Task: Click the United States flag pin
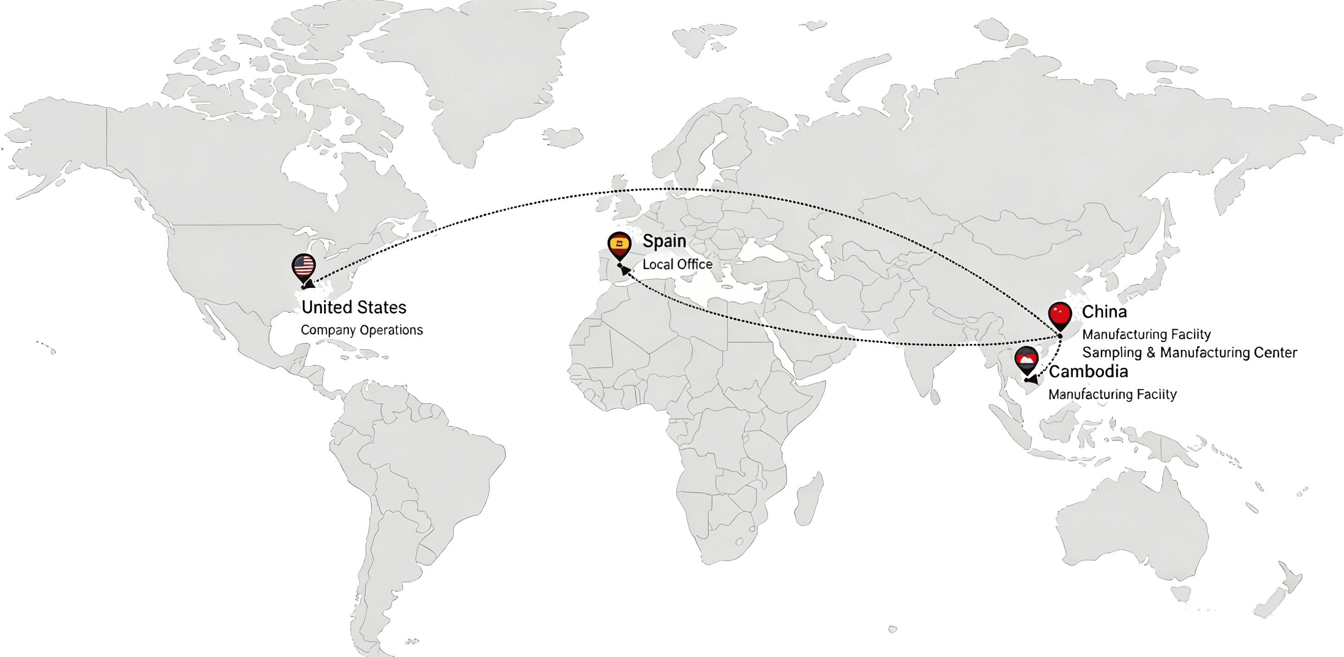[303, 267]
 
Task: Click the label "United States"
[354, 307]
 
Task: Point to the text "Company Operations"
[362, 330]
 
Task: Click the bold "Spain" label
[664, 241]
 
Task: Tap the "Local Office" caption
[677, 264]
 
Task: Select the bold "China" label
[1104, 312]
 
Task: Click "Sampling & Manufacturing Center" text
[1189, 353]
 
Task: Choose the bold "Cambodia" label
[1088, 372]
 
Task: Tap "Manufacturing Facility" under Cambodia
[1112, 394]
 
